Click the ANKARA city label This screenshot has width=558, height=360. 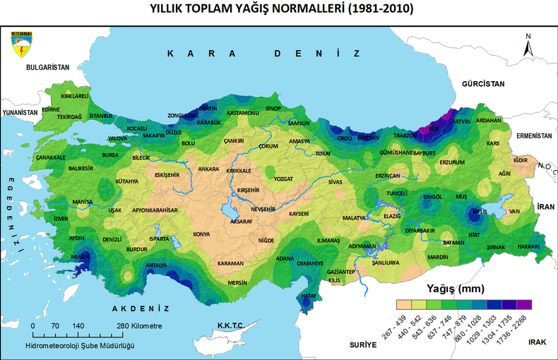click(x=208, y=169)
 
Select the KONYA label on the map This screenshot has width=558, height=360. click(x=202, y=234)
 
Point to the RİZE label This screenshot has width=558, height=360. click(x=434, y=129)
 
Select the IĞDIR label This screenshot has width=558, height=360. click(x=521, y=160)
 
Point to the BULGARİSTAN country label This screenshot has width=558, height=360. click(x=47, y=67)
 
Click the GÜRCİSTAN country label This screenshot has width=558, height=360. click(x=484, y=83)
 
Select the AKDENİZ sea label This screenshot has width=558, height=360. click(x=141, y=308)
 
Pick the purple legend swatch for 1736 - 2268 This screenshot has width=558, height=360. click(x=523, y=305)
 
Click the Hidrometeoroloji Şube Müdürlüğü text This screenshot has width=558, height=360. click(x=79, y=345)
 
